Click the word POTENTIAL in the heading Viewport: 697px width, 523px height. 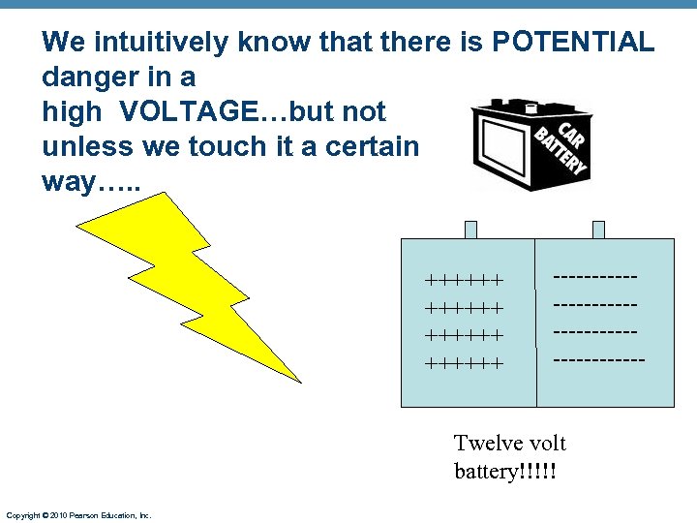pyautogui.click(x=573, y=42)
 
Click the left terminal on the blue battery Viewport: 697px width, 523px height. pyautogui.click(x=470, y=230)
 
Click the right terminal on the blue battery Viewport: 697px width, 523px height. pyautogui.click(x=598, y=230)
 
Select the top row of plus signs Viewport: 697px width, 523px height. pyautogui.click(x=465, y=281)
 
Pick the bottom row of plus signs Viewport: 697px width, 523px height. pyautogui.click(x=465, y=365)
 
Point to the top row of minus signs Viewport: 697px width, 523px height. pyautogui.click(x=595, y=277)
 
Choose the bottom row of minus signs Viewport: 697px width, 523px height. pyautogui.click(x=598, y=359)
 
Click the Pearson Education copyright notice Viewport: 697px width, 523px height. pyautogui.click(x=78, y=515)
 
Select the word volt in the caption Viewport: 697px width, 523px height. pyautogui.click(x=548, y=444)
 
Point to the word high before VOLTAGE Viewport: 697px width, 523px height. pyautogui.click(x=71, y=112)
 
